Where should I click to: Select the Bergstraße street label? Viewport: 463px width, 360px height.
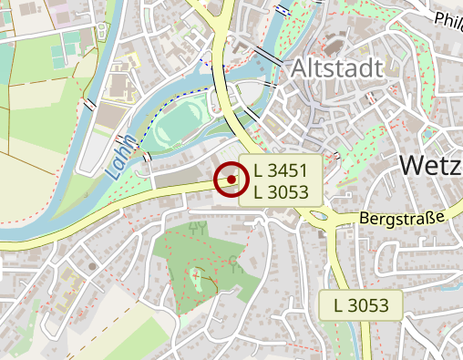pos(402,219)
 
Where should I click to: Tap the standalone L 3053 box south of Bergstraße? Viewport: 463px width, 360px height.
pos(362,304)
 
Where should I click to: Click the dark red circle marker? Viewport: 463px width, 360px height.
pos(231,180)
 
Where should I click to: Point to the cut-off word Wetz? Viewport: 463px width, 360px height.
pos(430,165)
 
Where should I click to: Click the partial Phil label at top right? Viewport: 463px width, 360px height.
pos(448,19)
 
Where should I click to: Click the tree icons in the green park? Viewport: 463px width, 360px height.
pos(197,227)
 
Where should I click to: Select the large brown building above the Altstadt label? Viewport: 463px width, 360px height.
pos(329,42)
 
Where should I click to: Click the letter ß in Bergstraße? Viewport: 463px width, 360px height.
pos(430,219)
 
